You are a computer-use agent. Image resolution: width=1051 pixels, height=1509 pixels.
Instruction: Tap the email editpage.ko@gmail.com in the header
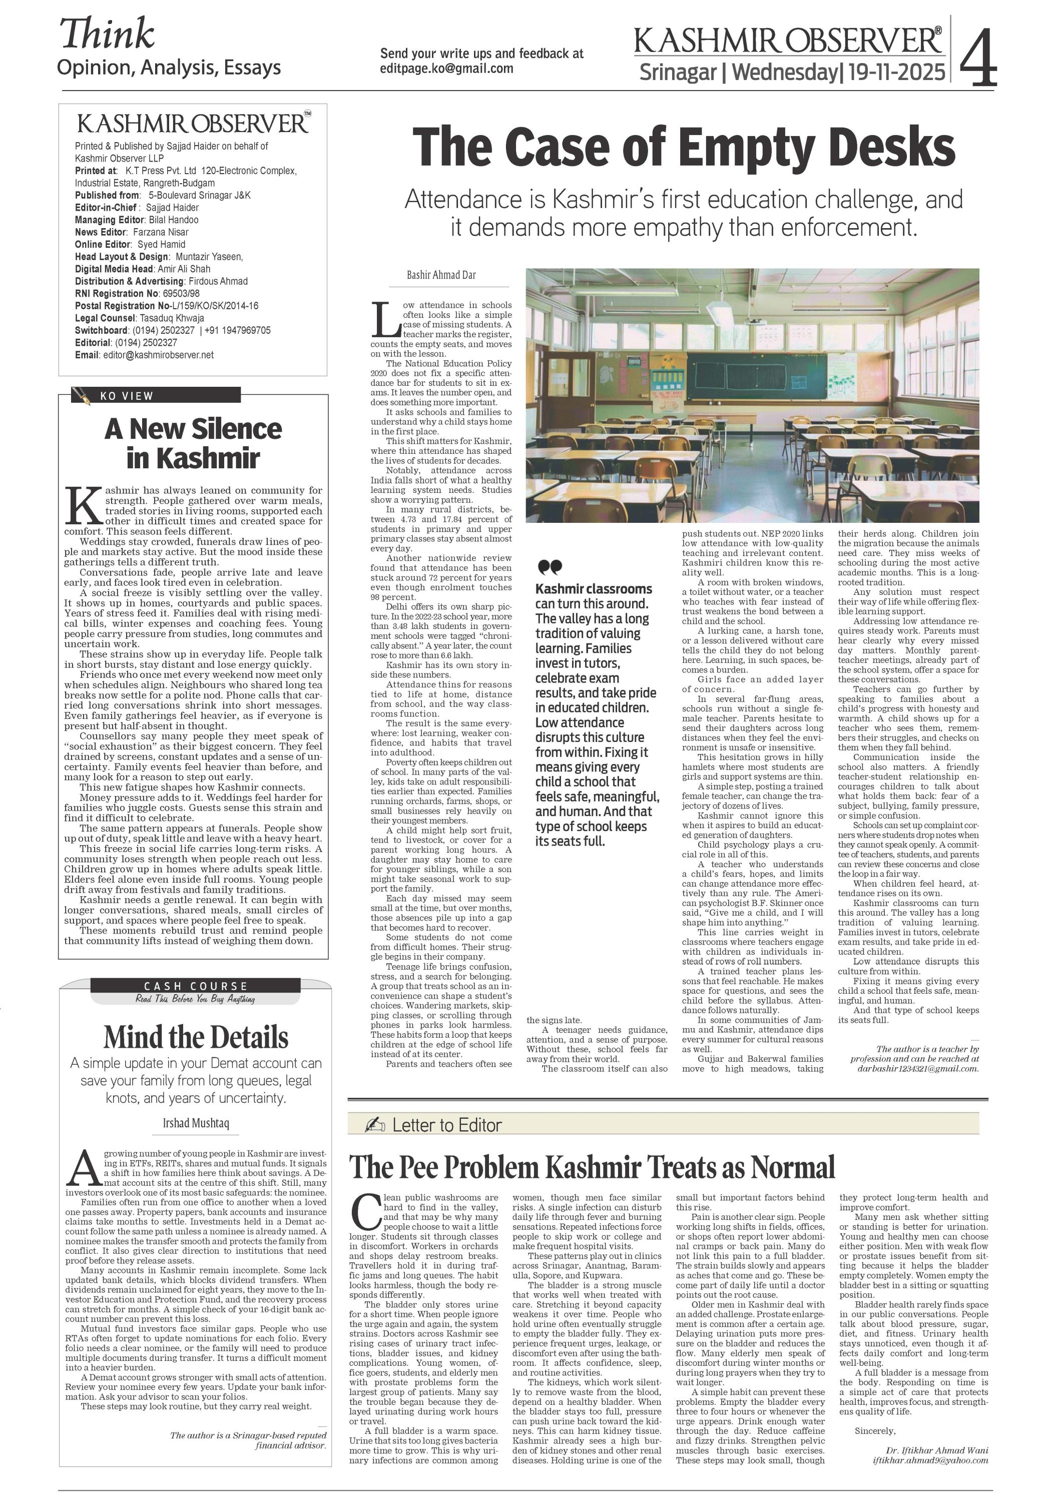[x=446, y=69]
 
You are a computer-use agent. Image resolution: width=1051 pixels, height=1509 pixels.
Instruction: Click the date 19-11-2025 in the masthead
[x=896, y=72]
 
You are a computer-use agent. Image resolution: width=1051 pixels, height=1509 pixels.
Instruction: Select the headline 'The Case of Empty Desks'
[x=683, y=147]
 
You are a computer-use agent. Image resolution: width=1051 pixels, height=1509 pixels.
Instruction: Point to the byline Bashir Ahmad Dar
[x=441, y=275]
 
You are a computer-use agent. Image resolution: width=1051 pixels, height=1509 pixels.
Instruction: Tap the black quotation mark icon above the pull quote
[x=550, y=566]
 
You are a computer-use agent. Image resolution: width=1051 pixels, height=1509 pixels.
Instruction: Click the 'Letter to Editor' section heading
[x=446, y=1125]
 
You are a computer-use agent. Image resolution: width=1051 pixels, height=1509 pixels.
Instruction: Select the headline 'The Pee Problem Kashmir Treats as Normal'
[x=592, y=1167]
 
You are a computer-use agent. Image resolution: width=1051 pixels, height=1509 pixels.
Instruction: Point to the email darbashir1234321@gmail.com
[x=917, y=1068]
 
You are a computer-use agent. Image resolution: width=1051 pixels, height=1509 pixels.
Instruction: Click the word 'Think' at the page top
[x=107, y=34]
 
